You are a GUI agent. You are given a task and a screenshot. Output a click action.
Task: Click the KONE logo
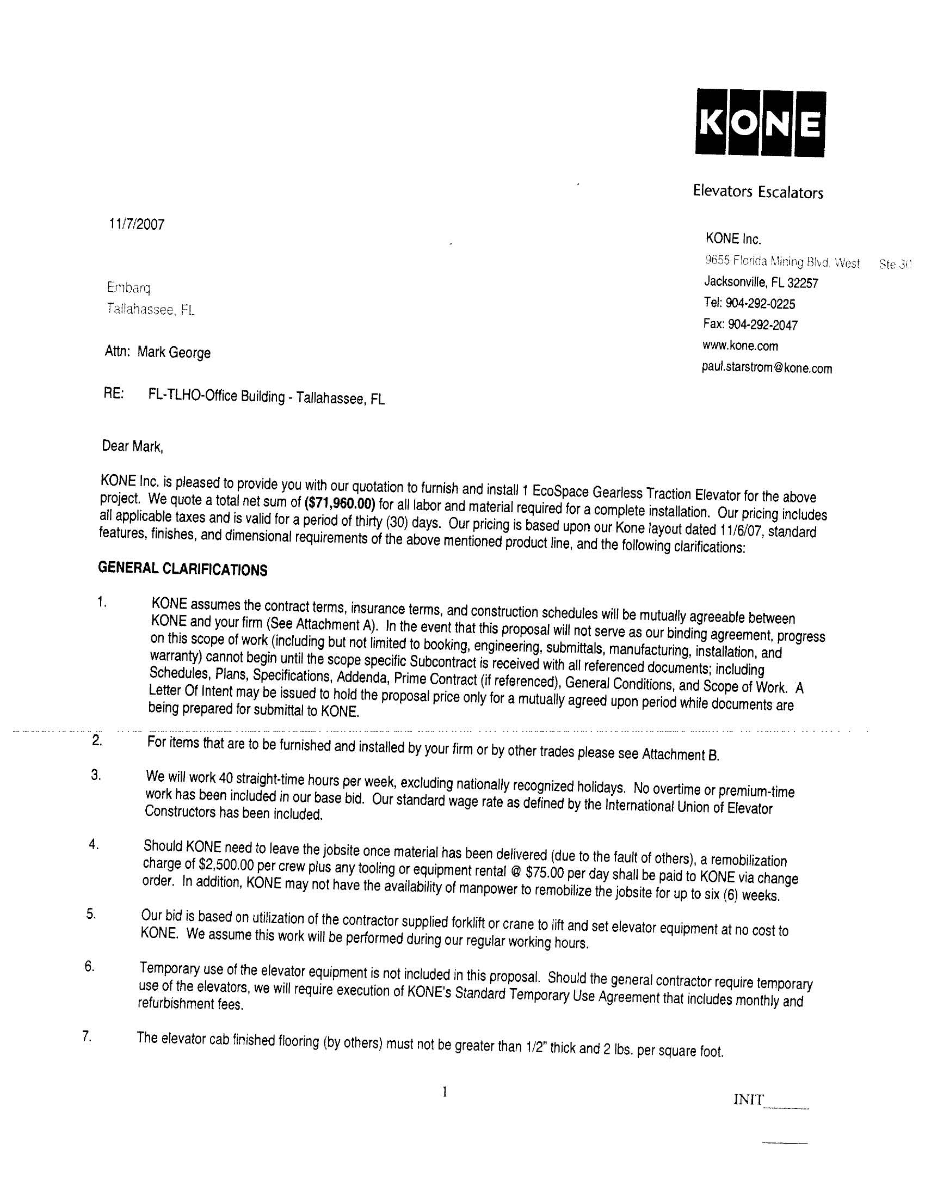[760, 124]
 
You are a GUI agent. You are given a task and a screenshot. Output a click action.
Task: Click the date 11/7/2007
[137, 224]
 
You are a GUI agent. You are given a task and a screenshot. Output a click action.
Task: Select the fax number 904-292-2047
[763, 324]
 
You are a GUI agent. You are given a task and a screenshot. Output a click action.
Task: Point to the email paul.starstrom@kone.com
[767, 368]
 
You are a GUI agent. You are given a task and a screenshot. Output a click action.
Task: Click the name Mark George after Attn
[174, 352]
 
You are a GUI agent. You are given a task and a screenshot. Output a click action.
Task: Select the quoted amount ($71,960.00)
[339, 502]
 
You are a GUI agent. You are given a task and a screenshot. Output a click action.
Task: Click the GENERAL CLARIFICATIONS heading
[182, 569]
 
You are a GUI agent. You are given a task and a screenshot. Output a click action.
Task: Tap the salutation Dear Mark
[133, 446]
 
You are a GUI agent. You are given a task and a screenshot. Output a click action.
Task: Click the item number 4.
[94, 845]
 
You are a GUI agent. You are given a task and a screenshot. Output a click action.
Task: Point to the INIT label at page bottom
[748, 1100]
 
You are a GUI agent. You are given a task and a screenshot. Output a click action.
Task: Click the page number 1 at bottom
[445, 1092]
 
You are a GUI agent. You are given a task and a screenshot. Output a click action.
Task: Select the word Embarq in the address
[128, 287]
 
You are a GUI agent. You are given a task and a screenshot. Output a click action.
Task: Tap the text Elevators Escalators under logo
[758, 192]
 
